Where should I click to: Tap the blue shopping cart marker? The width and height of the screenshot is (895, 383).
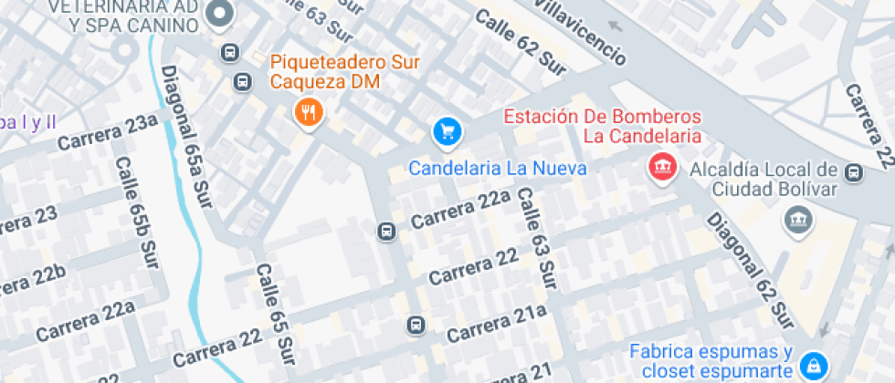coord(447,132)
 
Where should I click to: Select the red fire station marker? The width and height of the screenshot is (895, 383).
coord(662,166)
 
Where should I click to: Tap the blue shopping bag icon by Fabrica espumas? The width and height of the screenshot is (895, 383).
coord(811,366)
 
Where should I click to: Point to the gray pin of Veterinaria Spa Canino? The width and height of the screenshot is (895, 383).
coord(220,14)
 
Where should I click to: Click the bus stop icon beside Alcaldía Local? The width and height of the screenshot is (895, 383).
coord(854,171)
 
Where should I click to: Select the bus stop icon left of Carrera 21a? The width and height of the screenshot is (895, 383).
coord(416,325)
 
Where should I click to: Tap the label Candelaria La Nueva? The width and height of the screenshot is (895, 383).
coord(497,169)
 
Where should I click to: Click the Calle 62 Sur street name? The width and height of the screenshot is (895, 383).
coord(521,41)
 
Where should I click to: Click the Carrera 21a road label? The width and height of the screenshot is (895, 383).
coord(496,323)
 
